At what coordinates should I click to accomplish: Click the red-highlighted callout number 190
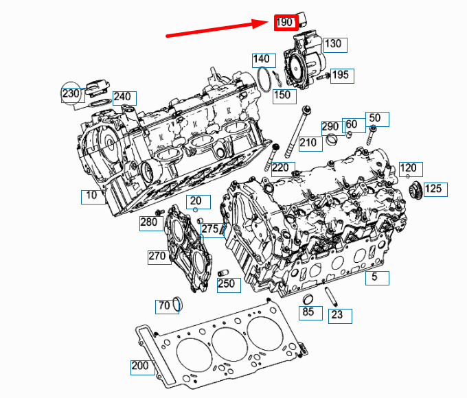pyautogui.click(x=286, y=23)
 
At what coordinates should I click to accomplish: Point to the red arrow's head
pyautogui.click(x=262, y=23)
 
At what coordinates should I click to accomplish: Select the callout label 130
pyautogui.click(x=335, y=45)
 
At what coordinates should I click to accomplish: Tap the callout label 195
pyautogui.click(x=342, y=76)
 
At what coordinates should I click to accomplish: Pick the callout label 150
pyautogui.click(x=284, y=97)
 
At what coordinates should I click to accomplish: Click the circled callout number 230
pyautogui.click(x=71, y=93)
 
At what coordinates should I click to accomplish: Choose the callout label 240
pyautogui.click(x=124, y=98)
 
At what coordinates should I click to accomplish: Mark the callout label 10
pyautogui.click(x=93, y=197)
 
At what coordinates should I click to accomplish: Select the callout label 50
pyautogui.click(x=377, y=119)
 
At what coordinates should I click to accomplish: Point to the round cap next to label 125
pyautogui.click(x=416, y=189)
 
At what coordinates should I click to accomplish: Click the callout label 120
pyautogui.click(x=411, y=169)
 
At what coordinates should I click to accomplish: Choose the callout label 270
pyautogui.click(x=159, y=257)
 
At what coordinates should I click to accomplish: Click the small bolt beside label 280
pyautogui.click(x=159, y=212)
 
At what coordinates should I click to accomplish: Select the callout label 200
pyautogui.click(x=143, y=367)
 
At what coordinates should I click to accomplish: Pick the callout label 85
pyautogui.click(x=310, y=313)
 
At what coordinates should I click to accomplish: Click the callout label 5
pyautogui.click(x=377, y=278)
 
